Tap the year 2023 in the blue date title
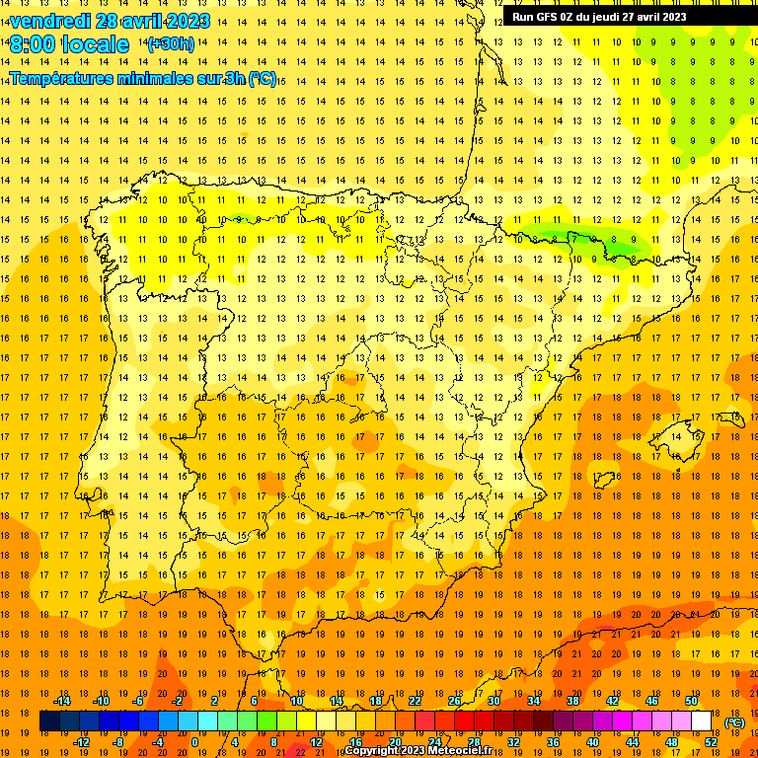click(x=185, y=21)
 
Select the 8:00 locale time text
click(x=69, y=44)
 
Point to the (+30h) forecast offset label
click(x=171, y=44)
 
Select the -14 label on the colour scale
click(x=61, y=701)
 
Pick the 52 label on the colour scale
click(x=711, y=742)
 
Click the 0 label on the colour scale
click(x=194, y=742)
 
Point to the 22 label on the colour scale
click(x=415, y=701)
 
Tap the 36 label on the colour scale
click(x=553, y=742)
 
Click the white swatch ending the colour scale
click(x=701, y=721)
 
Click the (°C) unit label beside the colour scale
click(x=733, y=721)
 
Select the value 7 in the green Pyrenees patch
click(x=574, y=239)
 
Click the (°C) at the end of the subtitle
click(x=263, y=78)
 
